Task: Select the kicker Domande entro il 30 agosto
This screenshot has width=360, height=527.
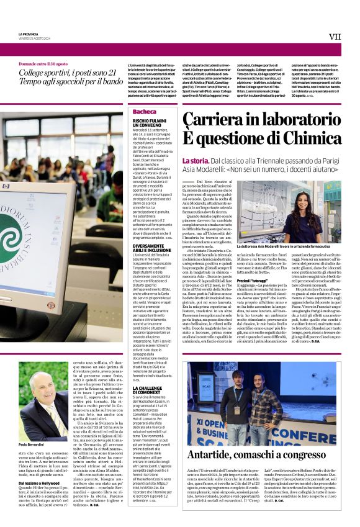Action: coord(43,64)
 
